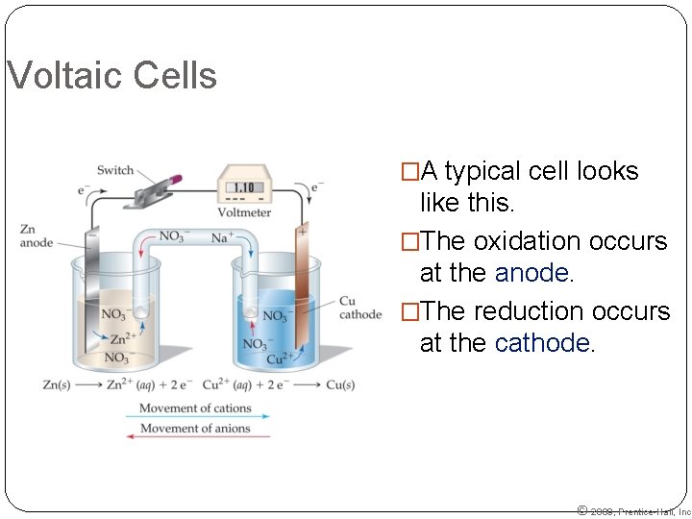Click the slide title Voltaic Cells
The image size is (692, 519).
(111, 76)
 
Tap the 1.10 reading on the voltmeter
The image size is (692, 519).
(244, 189)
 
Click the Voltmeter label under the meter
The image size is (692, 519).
(244, 212)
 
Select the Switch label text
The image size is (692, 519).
(115, 170)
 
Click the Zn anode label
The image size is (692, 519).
(36, 236)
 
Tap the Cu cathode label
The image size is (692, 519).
(359, 308)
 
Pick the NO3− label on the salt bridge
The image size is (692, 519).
(174, 236)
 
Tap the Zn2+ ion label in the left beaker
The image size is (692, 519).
(121, 338)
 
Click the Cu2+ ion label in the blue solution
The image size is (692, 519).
(280, 359)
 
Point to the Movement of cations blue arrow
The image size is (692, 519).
(198, 417)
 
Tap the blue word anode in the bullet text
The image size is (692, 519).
(533, 274)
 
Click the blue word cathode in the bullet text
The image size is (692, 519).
(544, 344)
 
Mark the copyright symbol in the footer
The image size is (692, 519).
(581, 510)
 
